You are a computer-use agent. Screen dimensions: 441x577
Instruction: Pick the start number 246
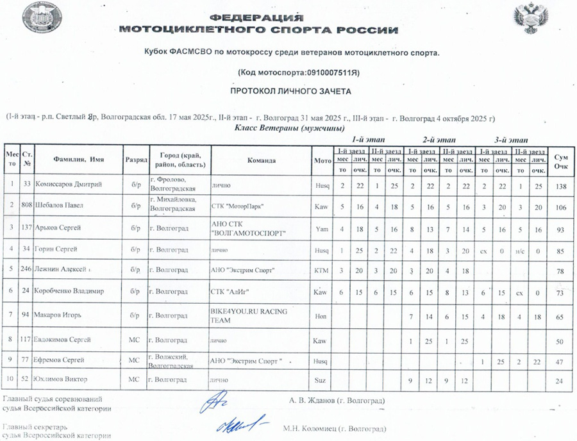click(27, 270)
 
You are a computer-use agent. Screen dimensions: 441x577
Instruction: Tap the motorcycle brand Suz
click(321, 380)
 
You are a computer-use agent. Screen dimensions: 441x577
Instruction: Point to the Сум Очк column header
click(560, 161)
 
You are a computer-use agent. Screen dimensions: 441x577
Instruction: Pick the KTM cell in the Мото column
click(321, 270)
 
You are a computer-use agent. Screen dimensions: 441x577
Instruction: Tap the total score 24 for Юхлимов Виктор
click(560, 380)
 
